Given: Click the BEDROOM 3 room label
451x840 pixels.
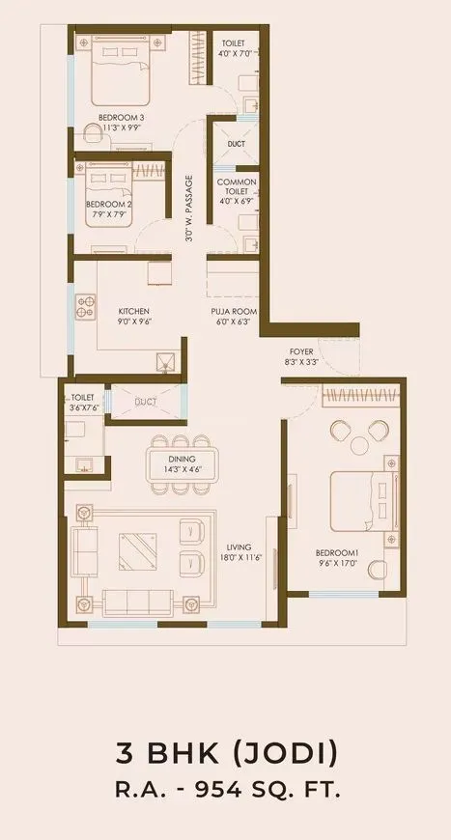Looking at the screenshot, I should (121, 117).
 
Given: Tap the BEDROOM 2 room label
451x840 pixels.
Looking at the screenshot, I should (108, 205).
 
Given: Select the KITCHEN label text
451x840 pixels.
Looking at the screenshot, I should (134, 311).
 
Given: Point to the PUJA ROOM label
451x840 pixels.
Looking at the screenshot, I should (234, 311).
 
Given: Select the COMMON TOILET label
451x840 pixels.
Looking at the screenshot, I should (236, 188).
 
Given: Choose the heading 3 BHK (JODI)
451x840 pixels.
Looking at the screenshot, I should (225, 751).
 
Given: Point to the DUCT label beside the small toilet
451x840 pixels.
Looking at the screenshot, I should (146, 401).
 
